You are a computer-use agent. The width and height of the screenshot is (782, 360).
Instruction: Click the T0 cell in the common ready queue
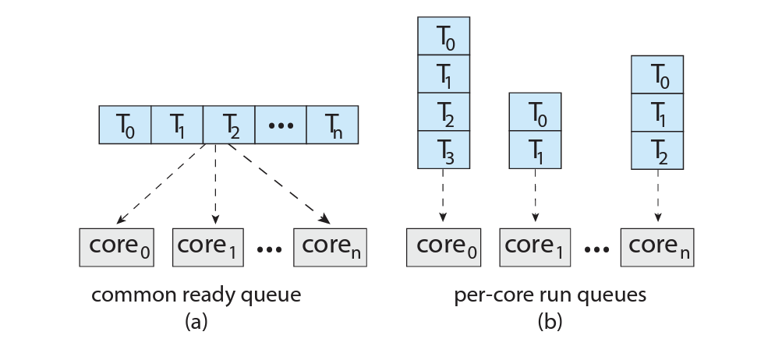126,125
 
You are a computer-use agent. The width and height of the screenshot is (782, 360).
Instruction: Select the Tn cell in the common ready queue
332,125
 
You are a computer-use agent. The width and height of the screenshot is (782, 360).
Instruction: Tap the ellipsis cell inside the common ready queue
281,125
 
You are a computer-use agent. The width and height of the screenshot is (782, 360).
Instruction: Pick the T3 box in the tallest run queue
444,150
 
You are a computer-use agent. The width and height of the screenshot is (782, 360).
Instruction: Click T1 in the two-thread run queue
535,150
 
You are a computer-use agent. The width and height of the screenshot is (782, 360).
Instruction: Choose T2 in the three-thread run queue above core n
657,150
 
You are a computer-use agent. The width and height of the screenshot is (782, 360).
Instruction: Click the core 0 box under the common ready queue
117,247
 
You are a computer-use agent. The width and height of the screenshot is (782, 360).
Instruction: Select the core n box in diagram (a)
330,247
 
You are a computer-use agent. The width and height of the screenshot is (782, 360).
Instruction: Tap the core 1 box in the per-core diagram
535,247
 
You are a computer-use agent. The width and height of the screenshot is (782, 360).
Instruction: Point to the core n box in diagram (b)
657,247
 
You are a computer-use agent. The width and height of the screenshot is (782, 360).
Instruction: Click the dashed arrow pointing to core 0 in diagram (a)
161,184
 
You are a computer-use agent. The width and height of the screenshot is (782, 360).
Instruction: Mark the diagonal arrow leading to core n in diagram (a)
279,184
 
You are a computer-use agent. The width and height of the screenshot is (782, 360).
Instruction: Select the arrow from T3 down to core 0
444,196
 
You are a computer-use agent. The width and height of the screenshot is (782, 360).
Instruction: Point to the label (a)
196,322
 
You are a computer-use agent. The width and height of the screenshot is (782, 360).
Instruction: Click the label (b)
550,322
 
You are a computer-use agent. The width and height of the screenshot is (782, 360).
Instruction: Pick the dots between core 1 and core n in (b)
596,249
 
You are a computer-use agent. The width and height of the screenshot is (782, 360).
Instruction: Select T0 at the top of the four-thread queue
444,36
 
